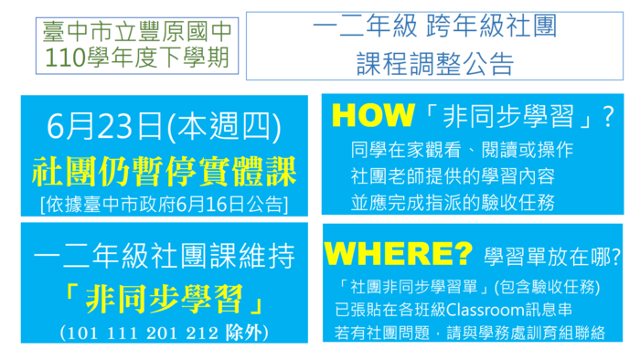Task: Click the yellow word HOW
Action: pos(373,115)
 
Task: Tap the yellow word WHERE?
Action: pos(399,254)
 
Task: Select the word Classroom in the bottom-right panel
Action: pos(485,310)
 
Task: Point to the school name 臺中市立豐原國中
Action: pos(137,31)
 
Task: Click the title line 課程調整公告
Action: pos(434,63)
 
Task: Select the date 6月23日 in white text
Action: pos(104,126)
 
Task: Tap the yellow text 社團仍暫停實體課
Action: pos(164,171)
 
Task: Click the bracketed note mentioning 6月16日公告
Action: pos(164,204)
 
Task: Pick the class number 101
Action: pos(82,334)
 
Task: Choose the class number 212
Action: pos(202,334)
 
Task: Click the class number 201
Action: pos(162,334)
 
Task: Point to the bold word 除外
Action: pos(243,333)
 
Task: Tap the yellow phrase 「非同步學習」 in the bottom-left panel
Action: pos(164,299)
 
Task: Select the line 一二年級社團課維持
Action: pos(164,256)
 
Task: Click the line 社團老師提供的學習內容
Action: pos(453,176)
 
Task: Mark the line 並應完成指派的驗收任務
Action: pos(453,203)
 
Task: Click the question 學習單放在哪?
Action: pos(552,257)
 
